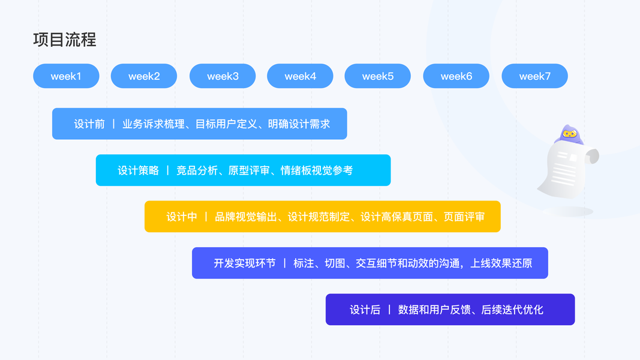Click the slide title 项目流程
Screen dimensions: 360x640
[65, 40]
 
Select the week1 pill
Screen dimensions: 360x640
[66, 76]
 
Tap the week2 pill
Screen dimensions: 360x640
[144, 76]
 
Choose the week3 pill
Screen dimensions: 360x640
[223, 76]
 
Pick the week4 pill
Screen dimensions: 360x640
[300, 76]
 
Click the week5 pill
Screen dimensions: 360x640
[378, 76]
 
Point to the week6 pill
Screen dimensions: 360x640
[456, 76]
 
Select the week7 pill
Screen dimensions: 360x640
[534, 76]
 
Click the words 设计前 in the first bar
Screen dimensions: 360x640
[89, 124]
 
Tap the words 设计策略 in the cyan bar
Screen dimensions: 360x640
[138, 170]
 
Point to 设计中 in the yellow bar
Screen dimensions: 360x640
[182, 217]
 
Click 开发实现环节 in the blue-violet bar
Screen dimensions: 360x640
[245, 263]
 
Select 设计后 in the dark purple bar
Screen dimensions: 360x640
[365, 310]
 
